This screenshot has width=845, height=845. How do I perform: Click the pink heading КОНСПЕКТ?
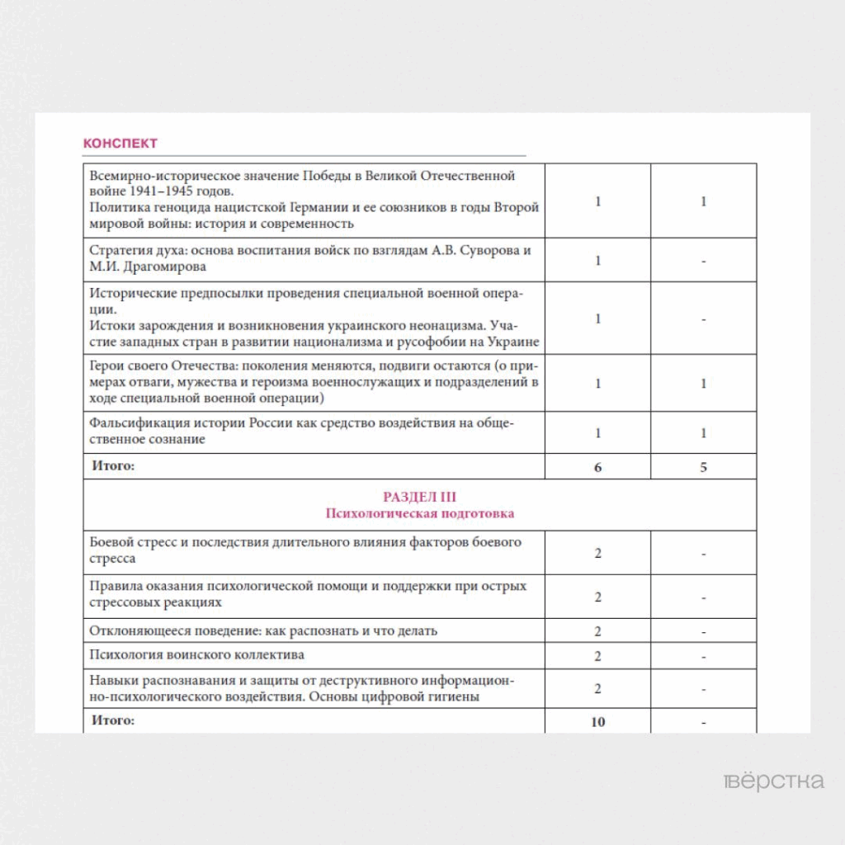120,144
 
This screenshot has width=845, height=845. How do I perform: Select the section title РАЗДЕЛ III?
419,497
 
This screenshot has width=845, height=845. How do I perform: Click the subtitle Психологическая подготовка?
419,513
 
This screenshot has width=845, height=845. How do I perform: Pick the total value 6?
597,467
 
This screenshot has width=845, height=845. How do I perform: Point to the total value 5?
703,467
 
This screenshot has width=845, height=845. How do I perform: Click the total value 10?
597,722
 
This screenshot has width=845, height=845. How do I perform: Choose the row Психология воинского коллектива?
197,655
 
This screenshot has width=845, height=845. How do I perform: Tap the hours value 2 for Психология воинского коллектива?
597,656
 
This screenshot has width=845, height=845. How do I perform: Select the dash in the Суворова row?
703,261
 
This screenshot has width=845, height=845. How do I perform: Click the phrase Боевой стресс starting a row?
132,542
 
